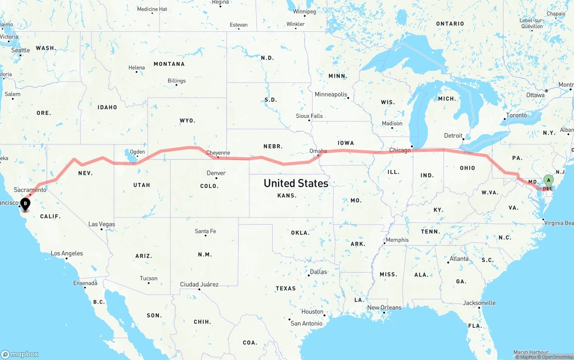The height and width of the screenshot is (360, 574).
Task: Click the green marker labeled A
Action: pos(548,181)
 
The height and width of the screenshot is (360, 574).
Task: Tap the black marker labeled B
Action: pos(26,204)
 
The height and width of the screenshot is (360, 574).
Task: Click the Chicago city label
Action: pos(400,150)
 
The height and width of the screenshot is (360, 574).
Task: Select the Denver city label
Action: pos(216,173)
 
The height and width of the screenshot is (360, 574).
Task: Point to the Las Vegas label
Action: pos(101,224)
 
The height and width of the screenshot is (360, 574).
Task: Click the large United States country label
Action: pos(296,183)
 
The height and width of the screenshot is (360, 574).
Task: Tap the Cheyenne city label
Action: pos(218,153)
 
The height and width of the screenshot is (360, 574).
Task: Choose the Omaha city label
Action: pos(318,151)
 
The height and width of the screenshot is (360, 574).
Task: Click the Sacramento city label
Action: pos(30,190)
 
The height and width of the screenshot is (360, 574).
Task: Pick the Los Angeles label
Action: pos(67,253)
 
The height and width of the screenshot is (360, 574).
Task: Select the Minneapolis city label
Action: pos(331,95)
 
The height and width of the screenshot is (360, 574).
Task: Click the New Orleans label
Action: pos(384,308)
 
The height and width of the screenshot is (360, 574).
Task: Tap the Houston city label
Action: pos(312,312)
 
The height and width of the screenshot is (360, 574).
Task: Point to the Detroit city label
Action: pos(453,135)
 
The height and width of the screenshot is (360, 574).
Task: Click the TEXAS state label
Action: pos(286,288)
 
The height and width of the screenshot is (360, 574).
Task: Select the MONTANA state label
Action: pos(169,64)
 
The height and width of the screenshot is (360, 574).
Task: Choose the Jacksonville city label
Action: pos(479,303)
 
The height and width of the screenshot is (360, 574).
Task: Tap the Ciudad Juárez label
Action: pos(199,284)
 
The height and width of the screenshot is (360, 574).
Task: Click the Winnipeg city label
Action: pos(304,12)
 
